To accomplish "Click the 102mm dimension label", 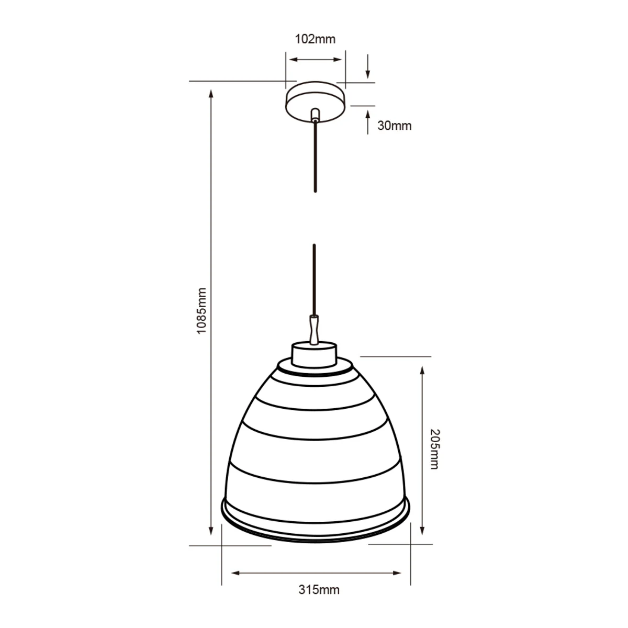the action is click(x=315, y=39).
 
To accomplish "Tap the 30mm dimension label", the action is click(x=395, y=126).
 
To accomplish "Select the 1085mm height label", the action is click(x=201, y=310).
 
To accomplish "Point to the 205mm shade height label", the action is click(x=434, y=449).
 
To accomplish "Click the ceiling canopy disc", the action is click(x=315, y=102).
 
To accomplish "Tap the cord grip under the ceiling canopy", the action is click(x=315, y=115).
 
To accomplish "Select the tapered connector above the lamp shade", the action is click(x=314, y=329).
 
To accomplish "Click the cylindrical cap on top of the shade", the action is click(x=314, y=355).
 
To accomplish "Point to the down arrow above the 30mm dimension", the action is click(x=367, y=66).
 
